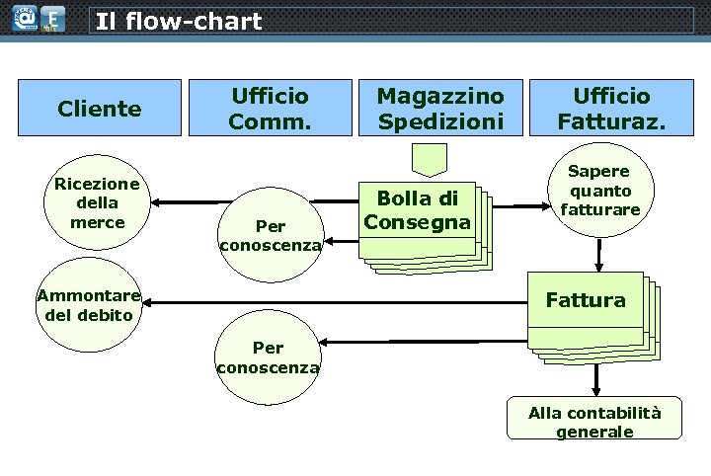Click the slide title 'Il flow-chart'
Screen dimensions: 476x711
[179, 21]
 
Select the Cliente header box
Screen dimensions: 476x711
[99, 109]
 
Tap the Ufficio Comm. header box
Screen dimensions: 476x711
[269, 109]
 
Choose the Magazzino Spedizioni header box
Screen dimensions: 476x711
[440, 109]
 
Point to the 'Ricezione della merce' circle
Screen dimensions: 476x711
[97, 203]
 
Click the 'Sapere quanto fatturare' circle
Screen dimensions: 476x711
[600, 191]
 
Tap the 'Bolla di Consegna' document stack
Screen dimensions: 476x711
[417, 209]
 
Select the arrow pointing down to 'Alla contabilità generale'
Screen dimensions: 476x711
[595, 380]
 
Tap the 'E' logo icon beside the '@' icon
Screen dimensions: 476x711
[52, 18]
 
